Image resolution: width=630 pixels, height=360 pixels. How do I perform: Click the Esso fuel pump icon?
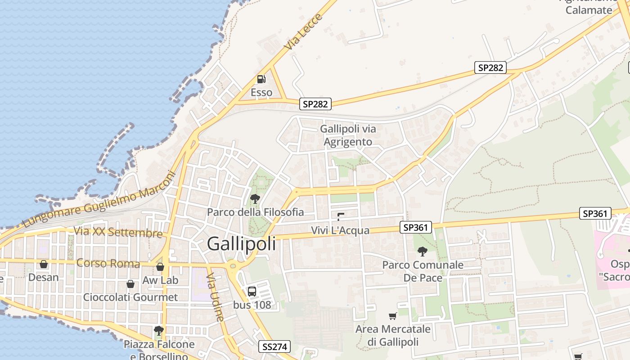[261, 80]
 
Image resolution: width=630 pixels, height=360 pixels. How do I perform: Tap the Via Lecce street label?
[304, 31]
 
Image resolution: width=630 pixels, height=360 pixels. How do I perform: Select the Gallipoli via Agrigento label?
[348, 135]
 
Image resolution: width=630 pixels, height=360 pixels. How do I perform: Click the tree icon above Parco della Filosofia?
[255, 198]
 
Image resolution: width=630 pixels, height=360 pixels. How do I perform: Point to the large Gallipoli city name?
[242, 244]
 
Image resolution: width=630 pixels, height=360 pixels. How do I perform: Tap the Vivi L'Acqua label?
[340, 230]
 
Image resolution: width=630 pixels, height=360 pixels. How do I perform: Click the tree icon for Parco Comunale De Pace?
[422, 252]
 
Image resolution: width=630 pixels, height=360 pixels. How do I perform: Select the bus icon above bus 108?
[252, 291]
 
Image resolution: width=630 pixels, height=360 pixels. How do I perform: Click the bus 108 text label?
[252, 305]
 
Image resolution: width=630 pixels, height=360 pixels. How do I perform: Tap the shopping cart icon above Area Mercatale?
[393, 316]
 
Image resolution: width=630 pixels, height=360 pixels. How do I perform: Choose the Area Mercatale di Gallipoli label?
[393, 335]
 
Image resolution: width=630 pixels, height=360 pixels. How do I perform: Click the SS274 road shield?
[274, 346]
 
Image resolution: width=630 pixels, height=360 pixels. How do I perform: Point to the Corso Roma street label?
[108, 263]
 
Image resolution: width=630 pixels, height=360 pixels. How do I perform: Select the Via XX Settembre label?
[118, 232]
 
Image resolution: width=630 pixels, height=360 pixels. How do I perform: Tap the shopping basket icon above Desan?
[44, 264]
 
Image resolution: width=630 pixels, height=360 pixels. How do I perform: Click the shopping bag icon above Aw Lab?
[160, 267]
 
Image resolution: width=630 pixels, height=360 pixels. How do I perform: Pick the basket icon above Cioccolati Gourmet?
[130, 284]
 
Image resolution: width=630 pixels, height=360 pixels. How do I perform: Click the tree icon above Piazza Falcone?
[158, 331]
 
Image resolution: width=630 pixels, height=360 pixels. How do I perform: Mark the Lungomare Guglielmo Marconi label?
[99, 199]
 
